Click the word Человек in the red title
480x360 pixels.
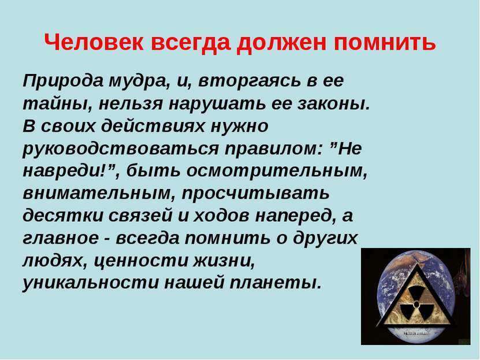tap(94, 42)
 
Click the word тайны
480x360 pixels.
tap(57, 104)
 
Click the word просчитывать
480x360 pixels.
tap(256, 194)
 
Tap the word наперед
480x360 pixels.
tap(295, 217)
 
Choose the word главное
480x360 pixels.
tap(61, 239)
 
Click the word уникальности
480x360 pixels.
tap(91, 283)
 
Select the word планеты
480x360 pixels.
tap(274, 283)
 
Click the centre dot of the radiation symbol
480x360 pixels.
tap(416, 304)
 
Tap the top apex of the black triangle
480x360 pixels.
tap(416, 264)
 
